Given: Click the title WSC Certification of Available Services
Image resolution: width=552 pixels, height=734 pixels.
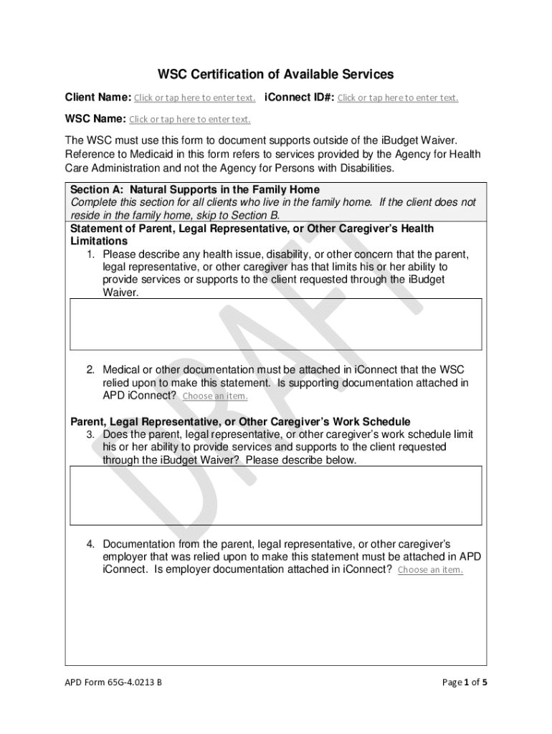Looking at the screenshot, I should click(276, 74).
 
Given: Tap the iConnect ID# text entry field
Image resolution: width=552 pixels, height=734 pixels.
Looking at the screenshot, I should click(398, 97).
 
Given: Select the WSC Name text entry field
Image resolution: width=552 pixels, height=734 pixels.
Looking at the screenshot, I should click(190, 119).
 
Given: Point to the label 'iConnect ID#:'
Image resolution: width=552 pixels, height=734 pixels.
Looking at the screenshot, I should click(300, 97).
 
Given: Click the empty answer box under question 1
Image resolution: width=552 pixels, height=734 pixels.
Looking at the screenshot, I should click(275, 324).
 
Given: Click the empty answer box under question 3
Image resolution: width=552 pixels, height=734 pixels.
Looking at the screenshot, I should click(275, 495).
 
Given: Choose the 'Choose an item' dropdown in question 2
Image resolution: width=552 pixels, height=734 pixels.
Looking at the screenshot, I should click(215, 396).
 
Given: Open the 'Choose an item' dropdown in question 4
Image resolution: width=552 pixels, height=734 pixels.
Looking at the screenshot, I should click(430, 570).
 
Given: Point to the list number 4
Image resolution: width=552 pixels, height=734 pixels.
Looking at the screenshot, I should click(91, 544).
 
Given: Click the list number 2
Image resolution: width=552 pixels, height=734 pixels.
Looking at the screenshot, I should click(91, 370).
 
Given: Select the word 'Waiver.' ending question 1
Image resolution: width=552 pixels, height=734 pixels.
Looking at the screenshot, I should click(120, 292).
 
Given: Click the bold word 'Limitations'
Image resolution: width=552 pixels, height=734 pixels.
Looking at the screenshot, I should click(98, 241).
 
